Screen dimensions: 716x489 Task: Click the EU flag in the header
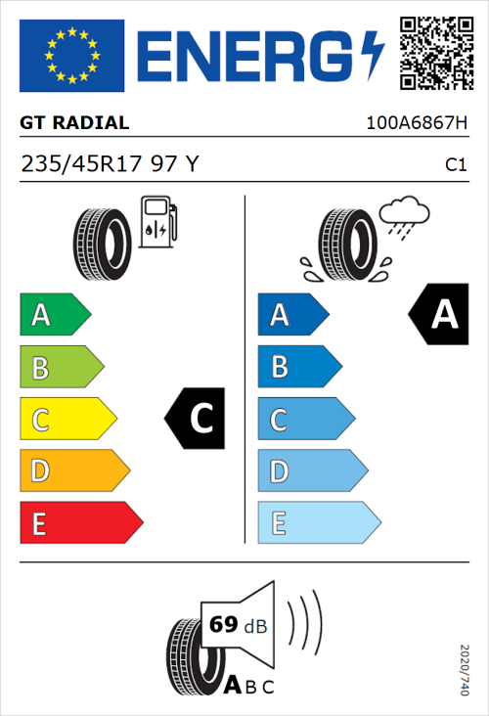click(x=72, y=56)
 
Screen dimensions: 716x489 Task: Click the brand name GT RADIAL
click(x=74, y=123)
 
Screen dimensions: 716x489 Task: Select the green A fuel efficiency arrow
click(x=54, y=315)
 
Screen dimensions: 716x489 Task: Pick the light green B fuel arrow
click(x=61, y=368)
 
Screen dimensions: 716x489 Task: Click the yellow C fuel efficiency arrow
click(x=67, y=420)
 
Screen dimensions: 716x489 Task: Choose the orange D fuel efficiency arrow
click(x=73, y=471)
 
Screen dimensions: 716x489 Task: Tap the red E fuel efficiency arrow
click(x=80, y=523)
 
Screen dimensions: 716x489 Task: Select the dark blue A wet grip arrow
click(x=292, y=315)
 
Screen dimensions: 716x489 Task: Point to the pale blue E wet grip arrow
click(x=318, y=523)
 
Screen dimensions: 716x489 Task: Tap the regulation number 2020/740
click(x=464, y=669)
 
